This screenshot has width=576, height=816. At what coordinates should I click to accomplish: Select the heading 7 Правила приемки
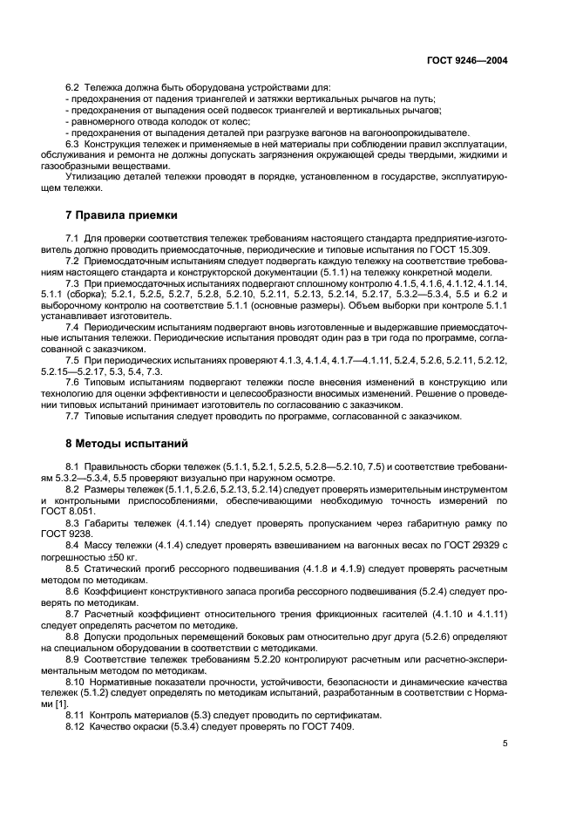pyautogui.click(x=123, y=214)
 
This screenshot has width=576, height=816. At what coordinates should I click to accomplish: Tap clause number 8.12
pyautogui.click(x=77, y=725)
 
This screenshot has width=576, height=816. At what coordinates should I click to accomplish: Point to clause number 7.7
pyautogui.click(x=73, y=416)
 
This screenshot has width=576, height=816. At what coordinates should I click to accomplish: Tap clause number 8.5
pyautogui.click(x=73, y=568)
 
